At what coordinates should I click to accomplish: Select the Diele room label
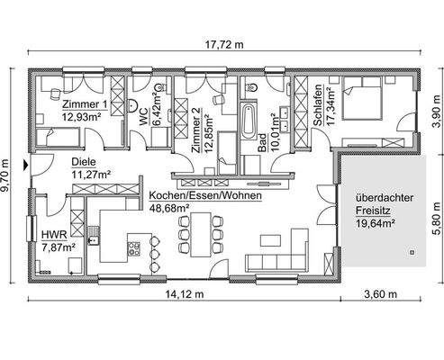coord(83,163)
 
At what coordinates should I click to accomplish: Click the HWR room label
coord(53,234)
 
